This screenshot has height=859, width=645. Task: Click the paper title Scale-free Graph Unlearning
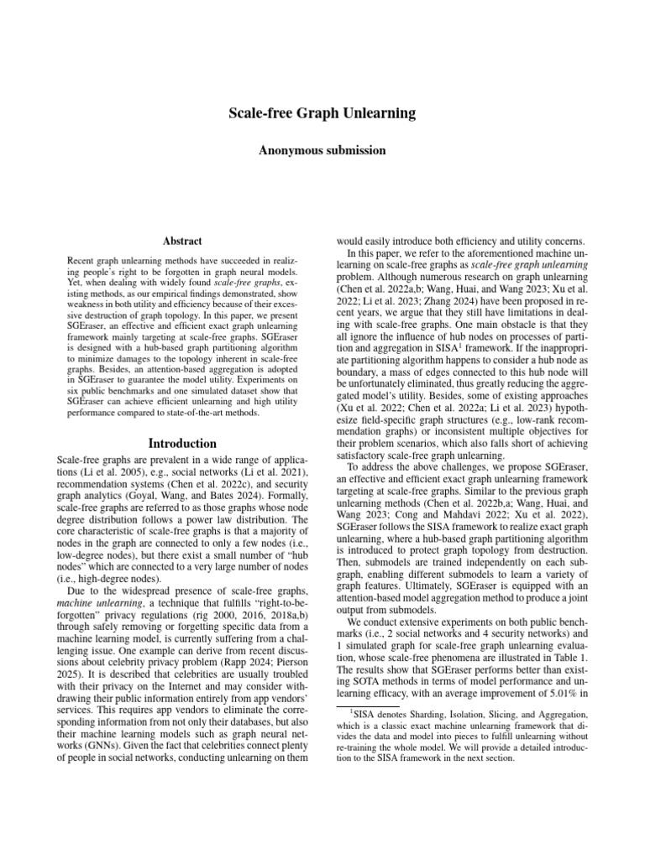click(322, 112)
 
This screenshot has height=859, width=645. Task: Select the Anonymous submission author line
click(322, 151)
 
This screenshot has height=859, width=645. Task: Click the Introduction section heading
click(181, 443)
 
